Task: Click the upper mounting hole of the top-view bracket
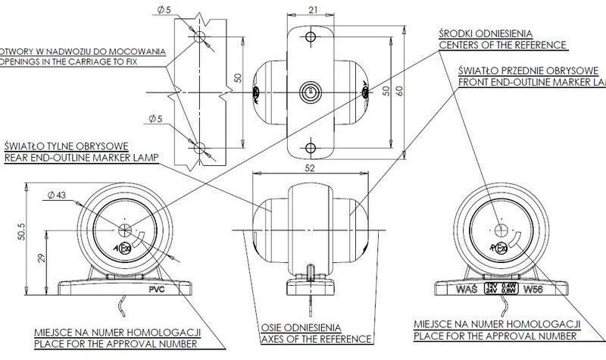pos(310,36)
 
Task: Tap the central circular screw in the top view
pos(310,92)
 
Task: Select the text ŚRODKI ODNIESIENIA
pos(485,33)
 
